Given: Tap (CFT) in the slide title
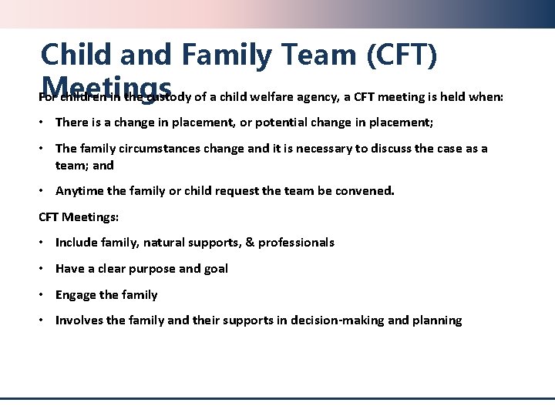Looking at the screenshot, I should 402,54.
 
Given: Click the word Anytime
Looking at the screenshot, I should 79,190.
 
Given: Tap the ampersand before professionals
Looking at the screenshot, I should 248,243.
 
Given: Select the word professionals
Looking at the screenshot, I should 296,243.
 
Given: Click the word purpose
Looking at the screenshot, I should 149,269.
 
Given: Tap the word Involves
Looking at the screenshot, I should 79,320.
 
